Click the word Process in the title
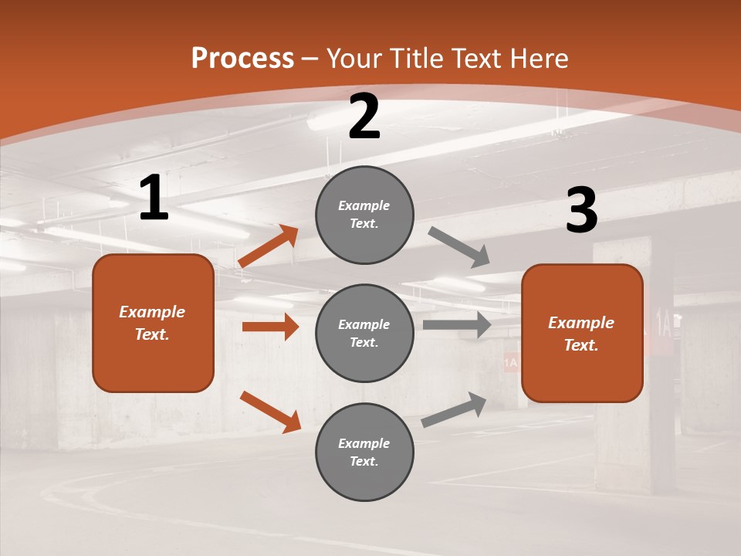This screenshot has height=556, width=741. click(242, 59)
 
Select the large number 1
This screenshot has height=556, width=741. click(154, 198)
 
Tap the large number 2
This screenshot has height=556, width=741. click(364, 117)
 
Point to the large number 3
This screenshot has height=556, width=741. click(581, 211)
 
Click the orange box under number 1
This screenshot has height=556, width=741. click(153, 323)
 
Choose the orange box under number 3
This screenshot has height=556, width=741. click(582, 333)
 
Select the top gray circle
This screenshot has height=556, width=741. click(364, 214)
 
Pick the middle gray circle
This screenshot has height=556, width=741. click(364, 333)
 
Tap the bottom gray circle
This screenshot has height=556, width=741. click(364, 452)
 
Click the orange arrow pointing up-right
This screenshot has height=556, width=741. click(269, 246)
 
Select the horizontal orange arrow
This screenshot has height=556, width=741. click(270, 327)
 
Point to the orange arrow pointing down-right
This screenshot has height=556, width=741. click(270, 412)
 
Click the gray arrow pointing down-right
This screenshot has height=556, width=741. click(459, 247)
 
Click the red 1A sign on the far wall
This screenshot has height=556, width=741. click(511, 362)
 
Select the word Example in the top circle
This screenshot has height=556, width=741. click(364, 205)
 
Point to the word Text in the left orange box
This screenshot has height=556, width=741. click(151, 334)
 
